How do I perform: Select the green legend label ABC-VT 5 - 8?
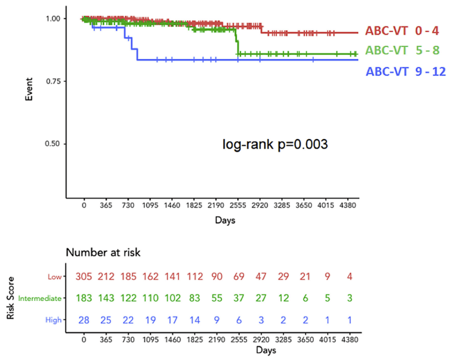coord(402,51)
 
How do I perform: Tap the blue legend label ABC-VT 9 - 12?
coord(406,71)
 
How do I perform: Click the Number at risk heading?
coord(103,253)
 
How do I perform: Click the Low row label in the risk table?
coord(55,277)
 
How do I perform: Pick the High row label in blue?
coord(55,320)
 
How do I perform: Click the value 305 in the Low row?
coord(84,277)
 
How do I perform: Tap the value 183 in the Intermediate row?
coord(84,299)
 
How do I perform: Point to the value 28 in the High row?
coord(84,320)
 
